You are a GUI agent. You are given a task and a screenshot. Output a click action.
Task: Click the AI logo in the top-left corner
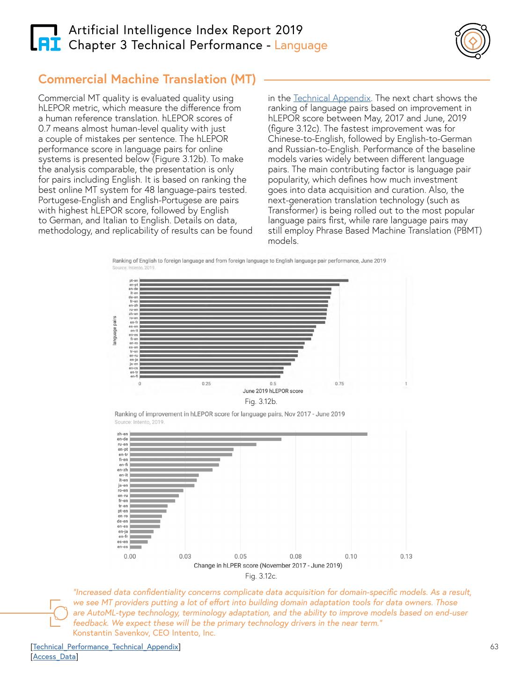45,37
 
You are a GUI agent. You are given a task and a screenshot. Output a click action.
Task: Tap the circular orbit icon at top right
472,41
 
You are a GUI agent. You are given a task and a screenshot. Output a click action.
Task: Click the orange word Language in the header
301,45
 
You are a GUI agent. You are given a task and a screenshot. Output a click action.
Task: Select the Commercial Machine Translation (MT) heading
147,80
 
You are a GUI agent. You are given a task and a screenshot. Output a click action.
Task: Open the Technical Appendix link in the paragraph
332,98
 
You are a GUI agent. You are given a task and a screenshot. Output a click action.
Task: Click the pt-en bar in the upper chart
244,280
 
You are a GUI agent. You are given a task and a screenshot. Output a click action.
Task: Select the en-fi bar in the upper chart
210,376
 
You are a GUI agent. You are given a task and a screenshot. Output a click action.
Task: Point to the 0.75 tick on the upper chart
339,384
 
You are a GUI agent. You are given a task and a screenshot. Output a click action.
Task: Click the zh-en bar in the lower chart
248,434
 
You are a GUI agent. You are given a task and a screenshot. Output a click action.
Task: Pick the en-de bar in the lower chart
205,439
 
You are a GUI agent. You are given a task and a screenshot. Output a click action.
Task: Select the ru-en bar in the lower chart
193,444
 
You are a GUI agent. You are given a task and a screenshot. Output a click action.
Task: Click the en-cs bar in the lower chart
136,547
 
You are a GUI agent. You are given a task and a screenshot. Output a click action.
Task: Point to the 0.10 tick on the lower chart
351,557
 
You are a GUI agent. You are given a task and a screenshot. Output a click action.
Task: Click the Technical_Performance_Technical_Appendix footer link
106,647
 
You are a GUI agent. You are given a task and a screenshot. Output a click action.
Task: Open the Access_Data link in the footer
54,657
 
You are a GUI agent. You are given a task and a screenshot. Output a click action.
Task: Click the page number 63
494,647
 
